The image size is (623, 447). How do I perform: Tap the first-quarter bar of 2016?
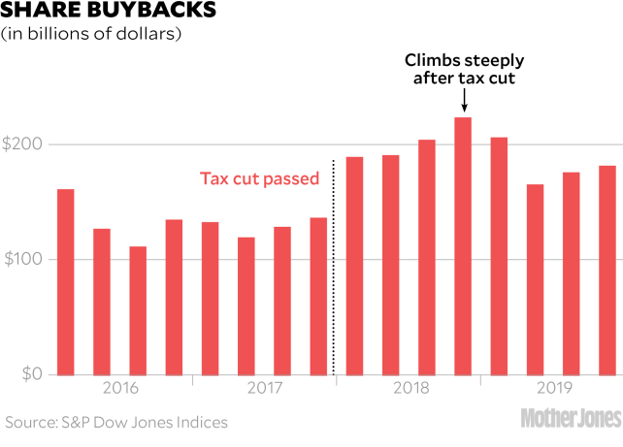pyautogui.click(x=65, y=281)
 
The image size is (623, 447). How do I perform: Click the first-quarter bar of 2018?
pyautogui.click(x=354, y=265)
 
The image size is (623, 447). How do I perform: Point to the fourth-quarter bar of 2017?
pyautogui.click(x=318, y=296)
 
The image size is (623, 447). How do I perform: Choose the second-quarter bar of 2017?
pyautogui.click(x=246, y=305)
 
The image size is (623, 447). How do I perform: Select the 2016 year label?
pyautogui.click(x=119, y=390)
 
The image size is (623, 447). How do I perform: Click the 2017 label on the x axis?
pyautogui.click(x=264, y=390)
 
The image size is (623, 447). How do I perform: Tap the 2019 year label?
pyautogui.click(x=553, y=390)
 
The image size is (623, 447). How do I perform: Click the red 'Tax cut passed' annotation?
pyautogui.click(x=259, y=178)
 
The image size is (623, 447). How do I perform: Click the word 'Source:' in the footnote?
pyautogui.click(x=30, y=422)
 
